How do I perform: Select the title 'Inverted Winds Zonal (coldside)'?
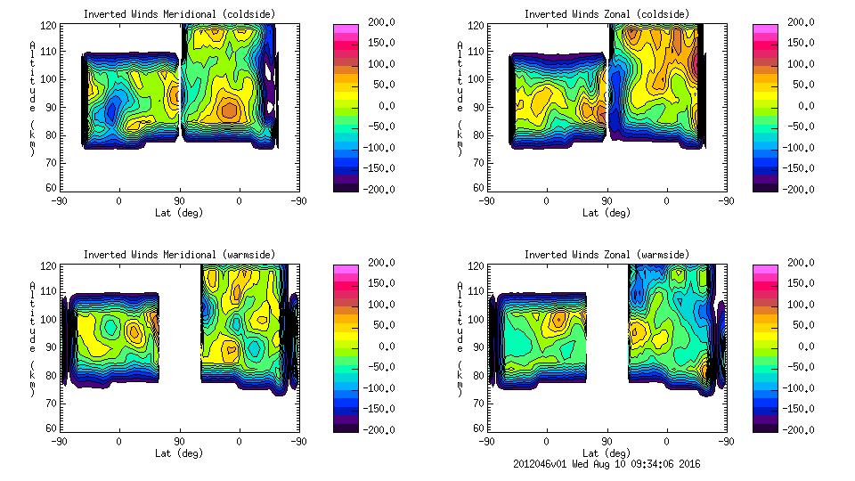click(606, 14)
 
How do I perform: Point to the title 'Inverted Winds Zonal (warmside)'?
click(606, 255)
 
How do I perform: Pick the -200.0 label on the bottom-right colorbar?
click(797, 429)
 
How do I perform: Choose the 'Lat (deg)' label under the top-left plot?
click(178, 213)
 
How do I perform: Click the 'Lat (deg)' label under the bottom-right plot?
click(606, 453)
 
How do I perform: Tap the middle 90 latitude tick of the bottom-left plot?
click(179, 441)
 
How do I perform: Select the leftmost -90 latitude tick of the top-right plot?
click(486, 201)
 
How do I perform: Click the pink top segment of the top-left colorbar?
click(346, 30)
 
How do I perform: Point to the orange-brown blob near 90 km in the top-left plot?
click(230, 110)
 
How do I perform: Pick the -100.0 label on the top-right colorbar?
click(797, 147)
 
